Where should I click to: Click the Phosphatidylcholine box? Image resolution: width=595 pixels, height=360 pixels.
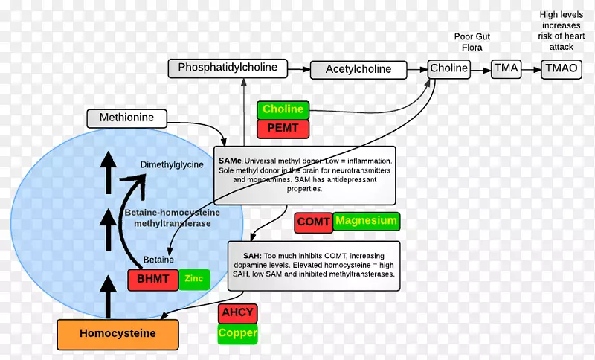coord(228,68)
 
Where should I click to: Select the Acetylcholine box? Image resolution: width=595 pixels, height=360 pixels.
coord(358,70)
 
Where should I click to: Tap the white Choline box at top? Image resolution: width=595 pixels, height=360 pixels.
coord(449,68)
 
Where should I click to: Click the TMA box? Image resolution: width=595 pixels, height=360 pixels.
coord(506,68)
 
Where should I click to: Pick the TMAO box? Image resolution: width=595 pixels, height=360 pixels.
coord(560,68)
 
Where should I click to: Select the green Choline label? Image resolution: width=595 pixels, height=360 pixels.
coord(283,110)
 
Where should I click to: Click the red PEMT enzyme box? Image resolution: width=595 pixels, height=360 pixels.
coord(283,128)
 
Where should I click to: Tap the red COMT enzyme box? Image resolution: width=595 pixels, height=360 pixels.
coord(312,222)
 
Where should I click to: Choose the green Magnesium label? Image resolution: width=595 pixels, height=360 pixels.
coord(365,221)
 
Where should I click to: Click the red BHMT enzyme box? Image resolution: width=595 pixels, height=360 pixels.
coord(152,280)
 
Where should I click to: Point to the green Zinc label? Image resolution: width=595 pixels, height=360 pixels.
coord(193,279)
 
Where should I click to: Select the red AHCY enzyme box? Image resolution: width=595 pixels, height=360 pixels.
coord(237,313)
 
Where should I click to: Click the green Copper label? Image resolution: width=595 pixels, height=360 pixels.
coord(237,333)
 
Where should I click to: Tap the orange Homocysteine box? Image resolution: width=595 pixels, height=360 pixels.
coord(118,334)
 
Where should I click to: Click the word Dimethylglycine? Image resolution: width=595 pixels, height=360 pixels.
coord(171,164)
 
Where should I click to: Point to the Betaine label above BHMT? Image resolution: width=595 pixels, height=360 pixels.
coord(158,260)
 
